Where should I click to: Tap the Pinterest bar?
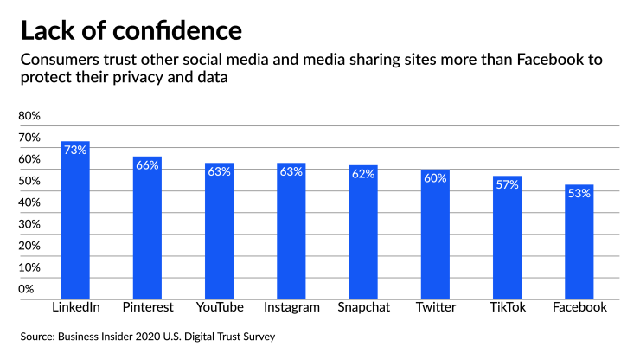[147, 228]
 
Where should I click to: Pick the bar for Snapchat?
[363, 233]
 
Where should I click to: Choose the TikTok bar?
[507, 238]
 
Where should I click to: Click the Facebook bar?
[579, 242]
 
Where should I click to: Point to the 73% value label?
[75, 150]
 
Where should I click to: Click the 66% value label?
[147, 165]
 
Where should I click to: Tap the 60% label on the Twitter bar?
[435, 178]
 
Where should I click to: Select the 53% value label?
[579, 193]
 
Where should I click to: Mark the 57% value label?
[507, 184]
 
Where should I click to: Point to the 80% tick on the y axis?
[29, 116]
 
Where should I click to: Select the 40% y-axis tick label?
[29, 202]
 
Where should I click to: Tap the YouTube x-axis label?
[219, 307]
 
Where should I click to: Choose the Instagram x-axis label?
[291, 307]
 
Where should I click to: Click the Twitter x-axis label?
[435, 307]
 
